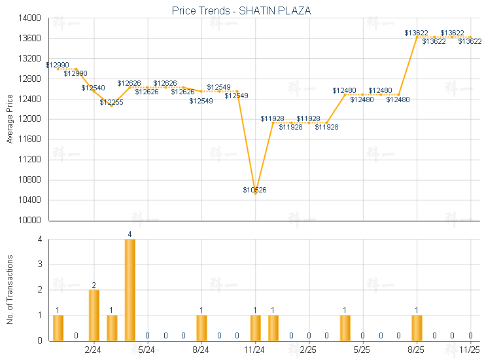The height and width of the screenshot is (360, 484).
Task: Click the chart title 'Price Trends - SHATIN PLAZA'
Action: click(x=241, y=10)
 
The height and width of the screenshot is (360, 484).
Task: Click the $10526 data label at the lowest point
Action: click(x=254, y=190)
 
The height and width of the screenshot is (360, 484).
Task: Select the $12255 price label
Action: click(x=111, y=102)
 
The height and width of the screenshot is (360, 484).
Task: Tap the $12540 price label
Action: click(x=93, y=88)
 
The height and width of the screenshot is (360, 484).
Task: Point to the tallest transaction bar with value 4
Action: click(x=130, y=289)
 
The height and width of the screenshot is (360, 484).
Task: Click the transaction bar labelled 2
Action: click(x=94, y=315)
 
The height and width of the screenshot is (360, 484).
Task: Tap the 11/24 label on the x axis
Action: click(x=255, y=350)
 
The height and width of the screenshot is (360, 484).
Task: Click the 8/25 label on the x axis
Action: click(x=417, y=350)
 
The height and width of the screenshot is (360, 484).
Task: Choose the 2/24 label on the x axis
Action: click(x=94, y=350)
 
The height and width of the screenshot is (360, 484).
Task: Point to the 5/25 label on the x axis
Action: click(x=362, y=350)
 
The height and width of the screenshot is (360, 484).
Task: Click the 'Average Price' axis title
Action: click(x=10, y=119)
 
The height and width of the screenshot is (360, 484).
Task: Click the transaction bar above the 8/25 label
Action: click(x=417, y=327)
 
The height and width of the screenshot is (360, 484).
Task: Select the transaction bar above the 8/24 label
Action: click(x=201, y=327)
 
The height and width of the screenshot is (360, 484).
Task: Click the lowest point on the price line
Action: click(x=255, y=194)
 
